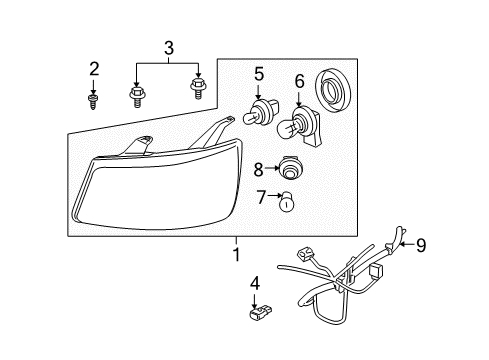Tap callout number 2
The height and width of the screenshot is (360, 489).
[94, 69]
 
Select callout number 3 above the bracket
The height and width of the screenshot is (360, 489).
[168, 46]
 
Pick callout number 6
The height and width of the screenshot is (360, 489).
[298, 80]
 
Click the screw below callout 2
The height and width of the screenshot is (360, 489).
[93, 100]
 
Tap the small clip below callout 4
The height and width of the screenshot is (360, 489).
[256, 317]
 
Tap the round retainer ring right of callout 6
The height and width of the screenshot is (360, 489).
[334, 90]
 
